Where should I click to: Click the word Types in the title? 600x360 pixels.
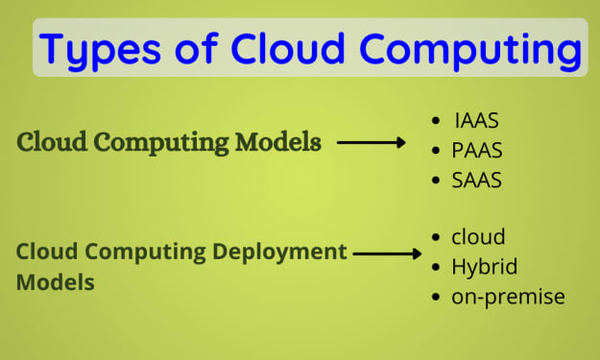(100, 51)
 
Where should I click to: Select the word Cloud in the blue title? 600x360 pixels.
(288, 48)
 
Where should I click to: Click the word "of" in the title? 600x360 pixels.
(196, 48)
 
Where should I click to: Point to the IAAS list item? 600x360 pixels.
(477, 121)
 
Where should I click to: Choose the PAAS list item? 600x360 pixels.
(477, 150)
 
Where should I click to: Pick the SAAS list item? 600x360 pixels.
(477, 180)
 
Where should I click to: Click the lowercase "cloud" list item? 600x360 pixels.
(478, 237)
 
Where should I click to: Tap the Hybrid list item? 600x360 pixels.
(485, 267)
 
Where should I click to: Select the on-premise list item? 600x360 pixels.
(508, 298)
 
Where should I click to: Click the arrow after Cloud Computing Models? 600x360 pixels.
(372, 143)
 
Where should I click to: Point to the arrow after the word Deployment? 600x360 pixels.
(387, 253)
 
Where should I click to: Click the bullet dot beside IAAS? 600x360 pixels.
(436, 121)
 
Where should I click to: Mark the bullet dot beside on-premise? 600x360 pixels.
(436, 298)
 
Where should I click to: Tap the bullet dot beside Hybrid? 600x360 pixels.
(436, 267)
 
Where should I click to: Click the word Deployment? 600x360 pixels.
(279, 252)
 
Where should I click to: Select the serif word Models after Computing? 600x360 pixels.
(278, 142)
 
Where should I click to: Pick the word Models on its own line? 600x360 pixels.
(56, 282)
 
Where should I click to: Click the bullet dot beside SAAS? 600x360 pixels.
(436, 180)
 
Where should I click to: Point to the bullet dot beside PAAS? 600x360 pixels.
(436, 150)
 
